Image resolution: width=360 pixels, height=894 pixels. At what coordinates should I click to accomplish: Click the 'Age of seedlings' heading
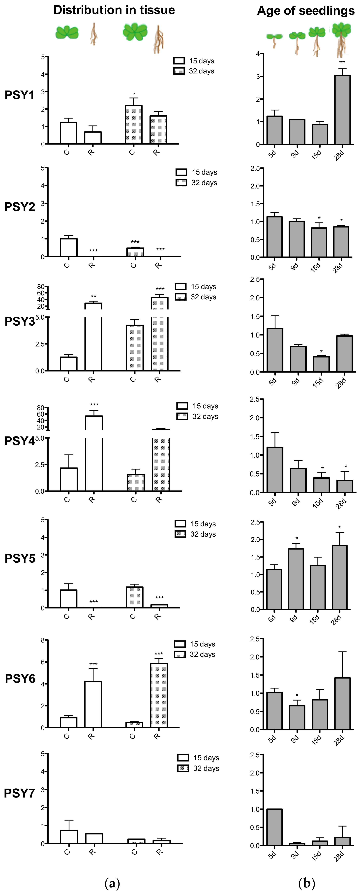(305, 11)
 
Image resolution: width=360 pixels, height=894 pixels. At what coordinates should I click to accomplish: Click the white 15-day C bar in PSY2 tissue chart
(68, 247)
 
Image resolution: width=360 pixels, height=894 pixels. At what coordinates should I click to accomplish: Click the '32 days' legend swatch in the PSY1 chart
(179, 71)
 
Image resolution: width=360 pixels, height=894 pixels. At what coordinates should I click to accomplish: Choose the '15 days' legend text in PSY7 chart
(206, 758)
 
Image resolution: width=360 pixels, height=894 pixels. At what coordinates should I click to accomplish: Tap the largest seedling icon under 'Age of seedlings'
(341, 39)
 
